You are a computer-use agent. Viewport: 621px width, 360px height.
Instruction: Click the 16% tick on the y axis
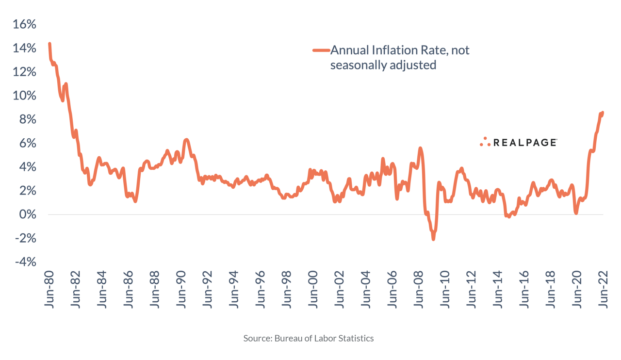point(25,25)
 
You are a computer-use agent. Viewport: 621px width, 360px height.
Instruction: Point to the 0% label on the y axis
point(28,215)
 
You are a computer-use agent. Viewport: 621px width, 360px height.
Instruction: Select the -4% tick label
point(25,262)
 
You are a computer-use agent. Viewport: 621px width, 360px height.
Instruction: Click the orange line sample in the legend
point(321,50)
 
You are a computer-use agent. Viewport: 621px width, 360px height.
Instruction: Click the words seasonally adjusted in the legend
point(383,65)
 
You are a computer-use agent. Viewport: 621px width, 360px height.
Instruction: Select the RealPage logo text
point(525,142)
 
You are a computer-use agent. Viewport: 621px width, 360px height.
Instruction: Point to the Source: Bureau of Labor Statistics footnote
point(309,338)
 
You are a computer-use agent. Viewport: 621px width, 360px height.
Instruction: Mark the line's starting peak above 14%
point(49,44)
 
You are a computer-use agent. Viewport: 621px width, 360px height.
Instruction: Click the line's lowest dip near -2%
point(433,238)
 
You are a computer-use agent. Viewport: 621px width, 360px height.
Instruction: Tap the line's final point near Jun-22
point(603,113)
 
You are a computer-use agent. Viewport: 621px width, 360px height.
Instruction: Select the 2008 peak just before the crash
point(420,148)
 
